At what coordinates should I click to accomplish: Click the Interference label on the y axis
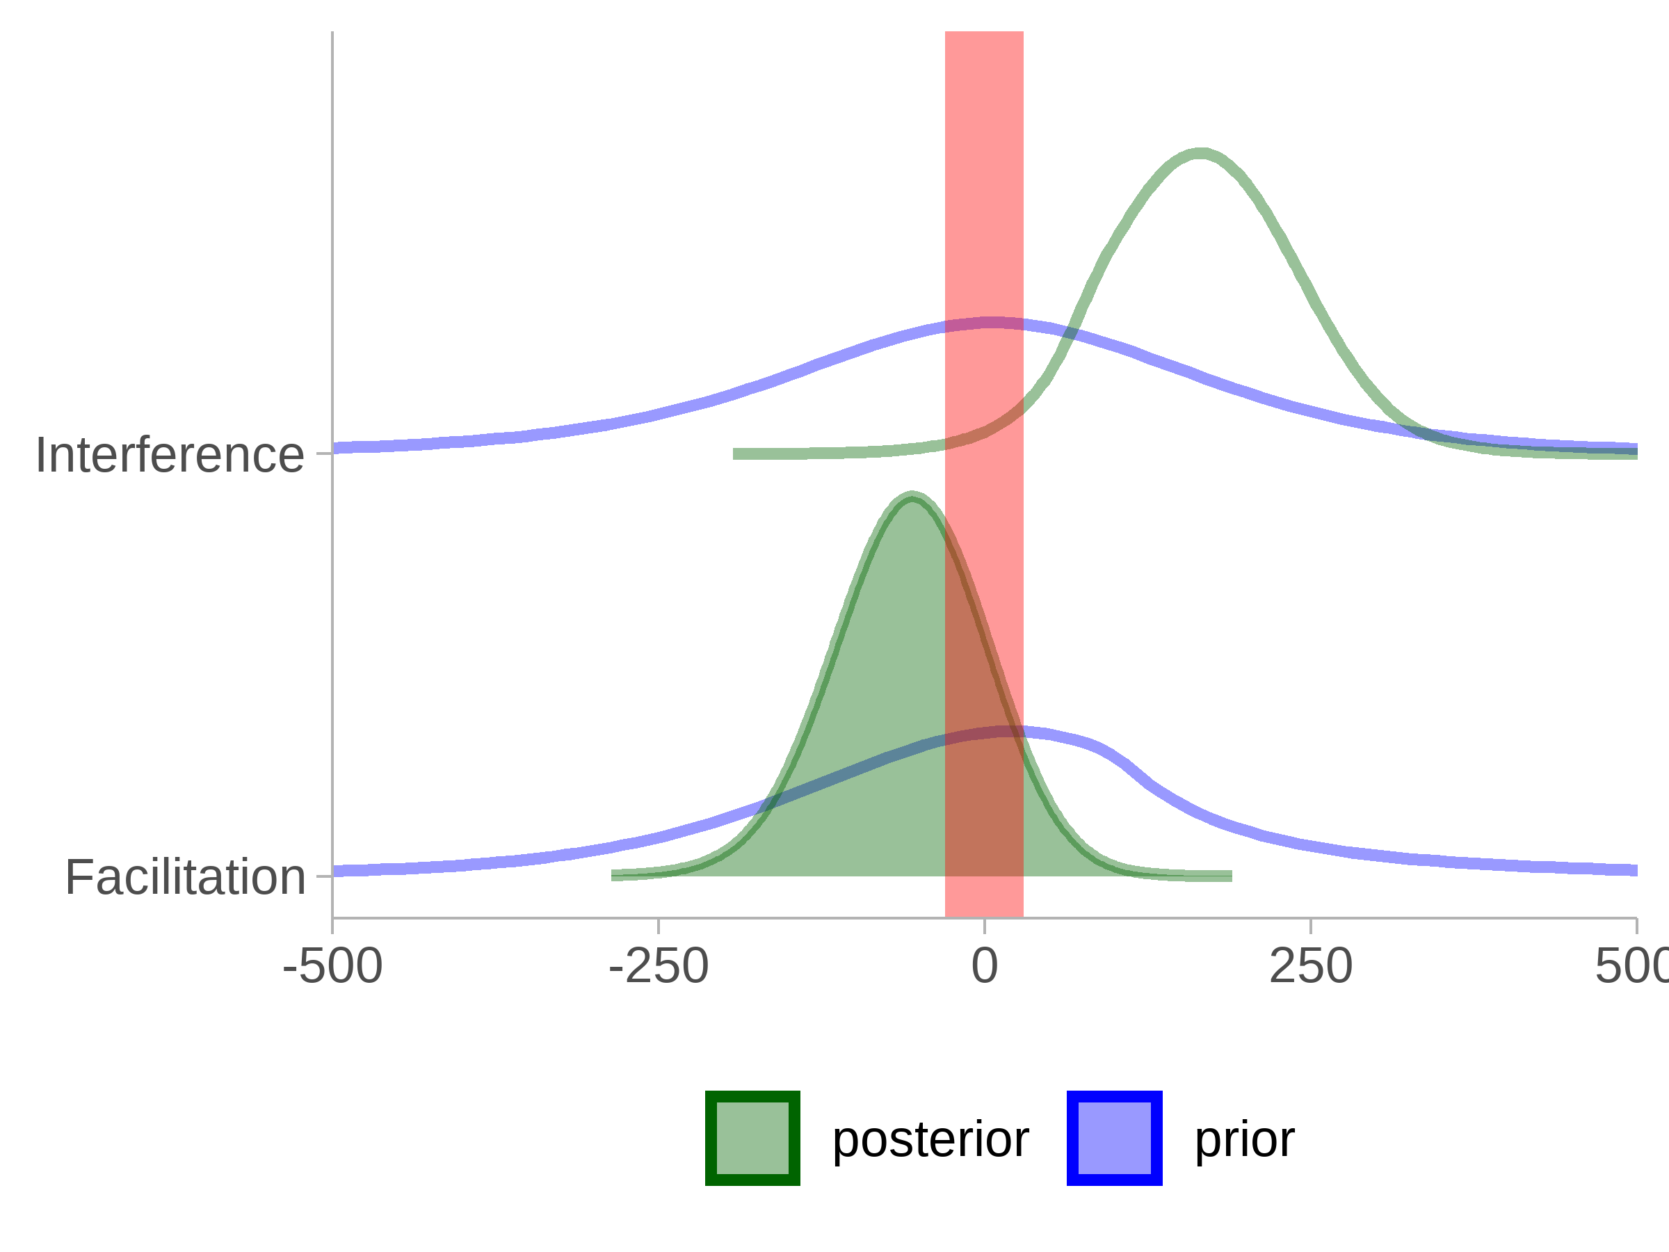pos(170,455)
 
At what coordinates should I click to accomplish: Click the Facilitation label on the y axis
pos(185,877)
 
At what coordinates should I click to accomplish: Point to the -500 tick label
pos(332,966)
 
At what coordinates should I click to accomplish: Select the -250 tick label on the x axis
pos(659,966)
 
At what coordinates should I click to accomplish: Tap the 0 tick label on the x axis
pos(985,966)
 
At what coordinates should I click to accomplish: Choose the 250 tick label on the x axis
pos(1311,966)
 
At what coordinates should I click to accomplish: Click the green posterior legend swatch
pos(752,1138)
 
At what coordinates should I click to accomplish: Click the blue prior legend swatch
pos(1115,1138)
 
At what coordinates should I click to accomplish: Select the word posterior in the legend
pos(930,1139)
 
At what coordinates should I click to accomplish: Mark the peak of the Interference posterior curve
pos(1200,154)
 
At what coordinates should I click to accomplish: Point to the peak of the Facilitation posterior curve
pos(912,497)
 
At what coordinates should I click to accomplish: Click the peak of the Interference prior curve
pos(992,323)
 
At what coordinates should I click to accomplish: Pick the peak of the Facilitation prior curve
pos(1007,731)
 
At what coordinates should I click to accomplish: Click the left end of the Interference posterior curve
pos(734,454)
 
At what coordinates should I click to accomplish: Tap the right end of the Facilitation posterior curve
pos(1232,876)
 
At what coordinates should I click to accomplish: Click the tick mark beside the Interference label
pos(325,454)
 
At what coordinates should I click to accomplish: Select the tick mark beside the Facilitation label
pos(325,876)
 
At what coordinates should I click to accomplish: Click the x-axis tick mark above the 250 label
pos(1311,926)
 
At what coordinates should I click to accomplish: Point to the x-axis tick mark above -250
pos(659,926)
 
